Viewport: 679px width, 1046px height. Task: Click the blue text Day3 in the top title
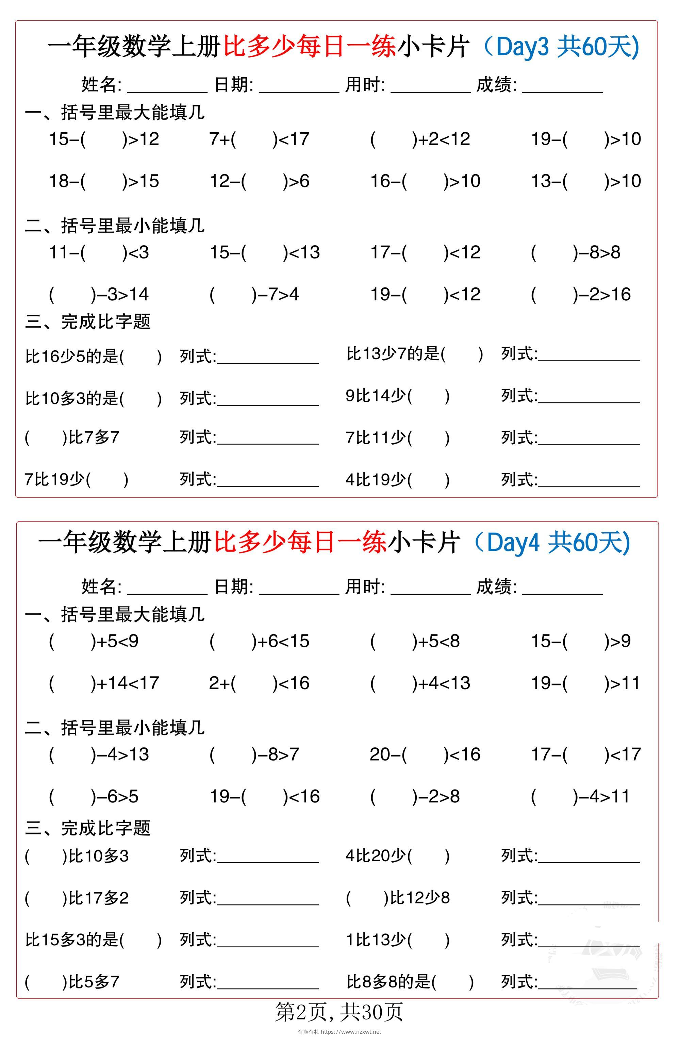522,47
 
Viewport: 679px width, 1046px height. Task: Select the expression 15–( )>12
104,139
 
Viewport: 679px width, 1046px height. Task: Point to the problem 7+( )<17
259,139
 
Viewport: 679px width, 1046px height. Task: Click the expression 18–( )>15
104,181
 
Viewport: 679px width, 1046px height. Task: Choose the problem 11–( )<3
99,253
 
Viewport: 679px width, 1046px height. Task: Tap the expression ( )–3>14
99,295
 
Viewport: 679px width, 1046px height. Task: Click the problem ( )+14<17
104,683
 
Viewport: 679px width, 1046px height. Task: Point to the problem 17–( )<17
586,754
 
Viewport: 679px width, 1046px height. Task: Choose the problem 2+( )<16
259,683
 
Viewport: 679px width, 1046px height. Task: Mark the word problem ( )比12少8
398,898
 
